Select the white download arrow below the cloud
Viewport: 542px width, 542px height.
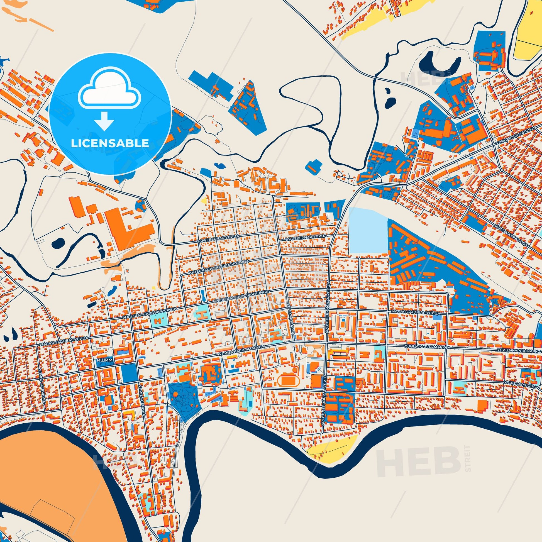pos(104,121)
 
